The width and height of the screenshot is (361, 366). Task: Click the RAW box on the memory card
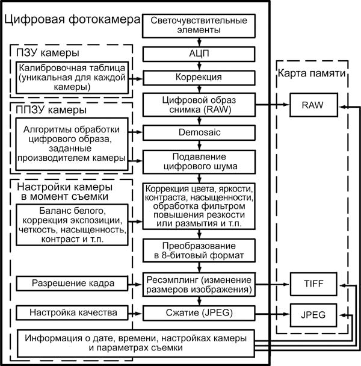click(313, 104)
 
